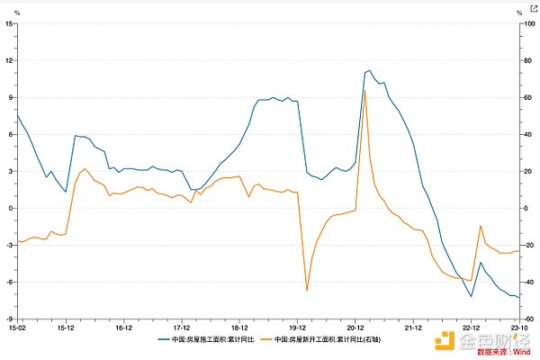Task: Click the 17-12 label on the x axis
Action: [182, 328]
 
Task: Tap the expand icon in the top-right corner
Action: [532, 7]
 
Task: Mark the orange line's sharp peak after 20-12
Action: [364, 89]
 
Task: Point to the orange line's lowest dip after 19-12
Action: [307, 291]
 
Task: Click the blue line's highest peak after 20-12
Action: [369, 69]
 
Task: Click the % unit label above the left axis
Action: [16, 12]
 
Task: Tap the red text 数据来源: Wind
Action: [501, 352]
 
